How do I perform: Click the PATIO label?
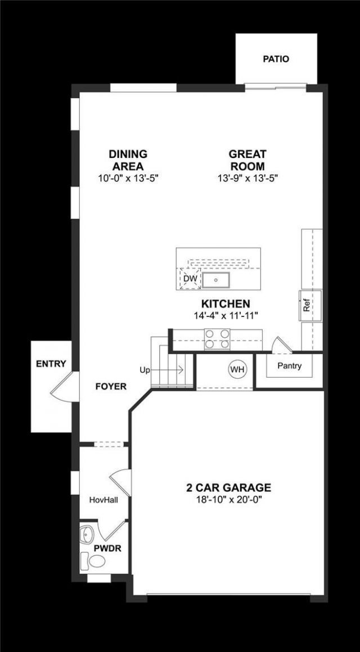276,58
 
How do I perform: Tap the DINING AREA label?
128,160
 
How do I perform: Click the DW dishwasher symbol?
189,278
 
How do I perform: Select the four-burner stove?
217,338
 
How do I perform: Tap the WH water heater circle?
237,369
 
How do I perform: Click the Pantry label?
290,366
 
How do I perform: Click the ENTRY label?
51,364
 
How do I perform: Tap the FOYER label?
110,386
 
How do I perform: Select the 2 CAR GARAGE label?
228,487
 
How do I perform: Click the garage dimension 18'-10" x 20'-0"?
228,499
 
